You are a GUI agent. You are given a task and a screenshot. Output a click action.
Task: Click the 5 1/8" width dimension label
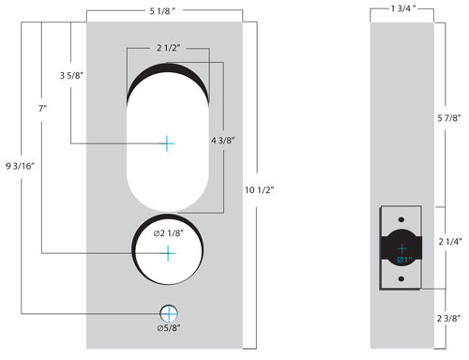pyautogui.click(x=162, y=11)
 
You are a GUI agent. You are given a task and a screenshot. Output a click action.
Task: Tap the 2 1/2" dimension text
pyautogui.click(x=169, y=48)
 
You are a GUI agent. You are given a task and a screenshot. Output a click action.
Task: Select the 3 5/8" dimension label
pyautogui.click(x=71, y=75)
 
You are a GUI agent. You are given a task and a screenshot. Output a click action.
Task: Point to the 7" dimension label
pyautogui.click(x=42, y=109)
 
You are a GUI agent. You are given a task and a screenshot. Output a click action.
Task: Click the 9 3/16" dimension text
pyautogui.click(x=20, y=166)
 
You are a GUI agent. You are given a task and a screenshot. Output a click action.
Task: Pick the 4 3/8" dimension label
pyautogui.click(x=222, y=141)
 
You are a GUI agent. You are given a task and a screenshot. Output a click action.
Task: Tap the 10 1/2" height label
pyautogui.click(x=259, y=189)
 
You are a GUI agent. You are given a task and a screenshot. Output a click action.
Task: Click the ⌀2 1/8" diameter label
pyautogui.click(x=168, y=233)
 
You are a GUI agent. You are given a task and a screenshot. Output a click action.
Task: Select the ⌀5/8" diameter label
pyautogui.click(x=169, y=328)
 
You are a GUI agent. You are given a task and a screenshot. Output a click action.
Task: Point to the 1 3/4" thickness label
pyautogui.click(x=403, y=8)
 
